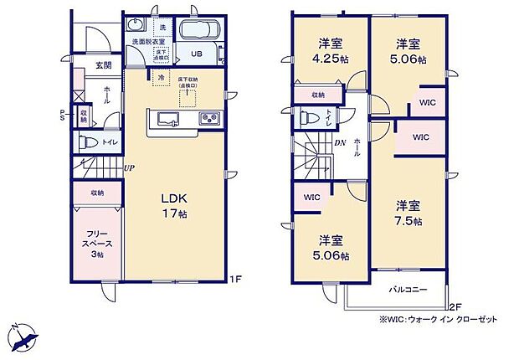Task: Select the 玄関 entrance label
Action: [102, 64]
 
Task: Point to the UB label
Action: [195, 54]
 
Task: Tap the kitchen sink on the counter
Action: [164, 118]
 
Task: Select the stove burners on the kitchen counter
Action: [208, 118]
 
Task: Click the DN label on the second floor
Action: [342, 141]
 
